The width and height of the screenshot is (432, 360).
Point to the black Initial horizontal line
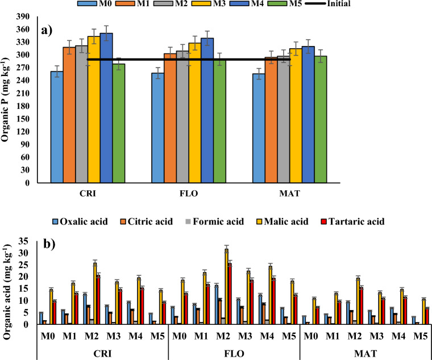click(188, 59)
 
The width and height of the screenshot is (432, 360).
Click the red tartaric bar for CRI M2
click(98, 299)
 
